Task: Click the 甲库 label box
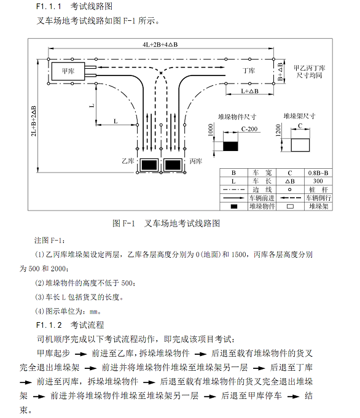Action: pyautogui.click(x=68, y=71)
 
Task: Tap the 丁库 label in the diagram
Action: pyautogui.click(x=249, y=71)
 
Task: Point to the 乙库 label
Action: pyautogui.click(x=128, y=161)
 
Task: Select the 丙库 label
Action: pyautogui.click(x=195, y=161)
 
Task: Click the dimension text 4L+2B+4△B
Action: pyautogui.click(x=160, y=45)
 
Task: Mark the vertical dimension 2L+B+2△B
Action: pyautogui.click(x=34, y=121)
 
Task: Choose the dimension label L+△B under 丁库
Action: pyautogui.click(x=250, y=91)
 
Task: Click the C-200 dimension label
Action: pyautogui.click(x=249, y=129)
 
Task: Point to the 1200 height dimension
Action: pyautogui.click(x=278, y=130)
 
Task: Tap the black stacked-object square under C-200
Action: pyautogui.click(x=230, y=146)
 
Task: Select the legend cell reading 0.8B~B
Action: pyautogui.click(x=318, y=172)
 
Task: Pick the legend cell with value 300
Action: pyautogui.click(x=318, y=181)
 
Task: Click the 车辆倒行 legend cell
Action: pyautogui.click(x=318, y=198)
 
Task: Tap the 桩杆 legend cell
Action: pyautogui.click(x=318, y=190)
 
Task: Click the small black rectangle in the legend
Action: pyautogui.click(x=234, y=206)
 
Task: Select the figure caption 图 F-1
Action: pyautogui.click(x=124, y=223)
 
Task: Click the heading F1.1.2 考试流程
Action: pyautogui.click(x=70, y=325)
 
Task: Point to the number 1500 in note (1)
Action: pyautogui.click(x=239, y=254)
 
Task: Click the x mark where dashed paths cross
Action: pyautogui.click(x=161, y=73)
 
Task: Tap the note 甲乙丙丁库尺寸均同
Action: pyautogui.click(x=309, y=72)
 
